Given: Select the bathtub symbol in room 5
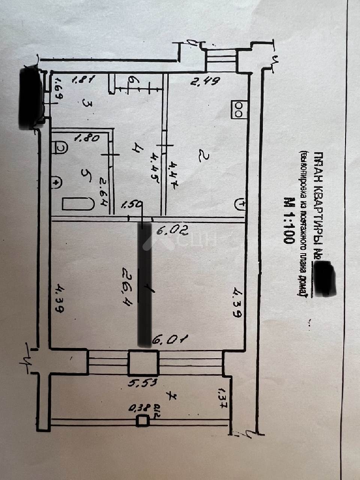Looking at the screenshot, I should coord(78,204).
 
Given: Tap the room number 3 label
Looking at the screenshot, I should coord(87,103).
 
